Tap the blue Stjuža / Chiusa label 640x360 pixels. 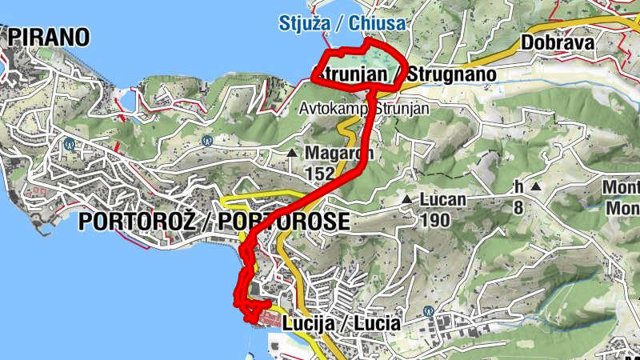pos(342,22)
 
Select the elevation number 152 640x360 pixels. pos(320,172)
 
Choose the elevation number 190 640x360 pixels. pos(433,218)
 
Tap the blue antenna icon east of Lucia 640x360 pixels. pos(430,310)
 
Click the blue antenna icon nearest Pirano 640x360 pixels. pos(70,145)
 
